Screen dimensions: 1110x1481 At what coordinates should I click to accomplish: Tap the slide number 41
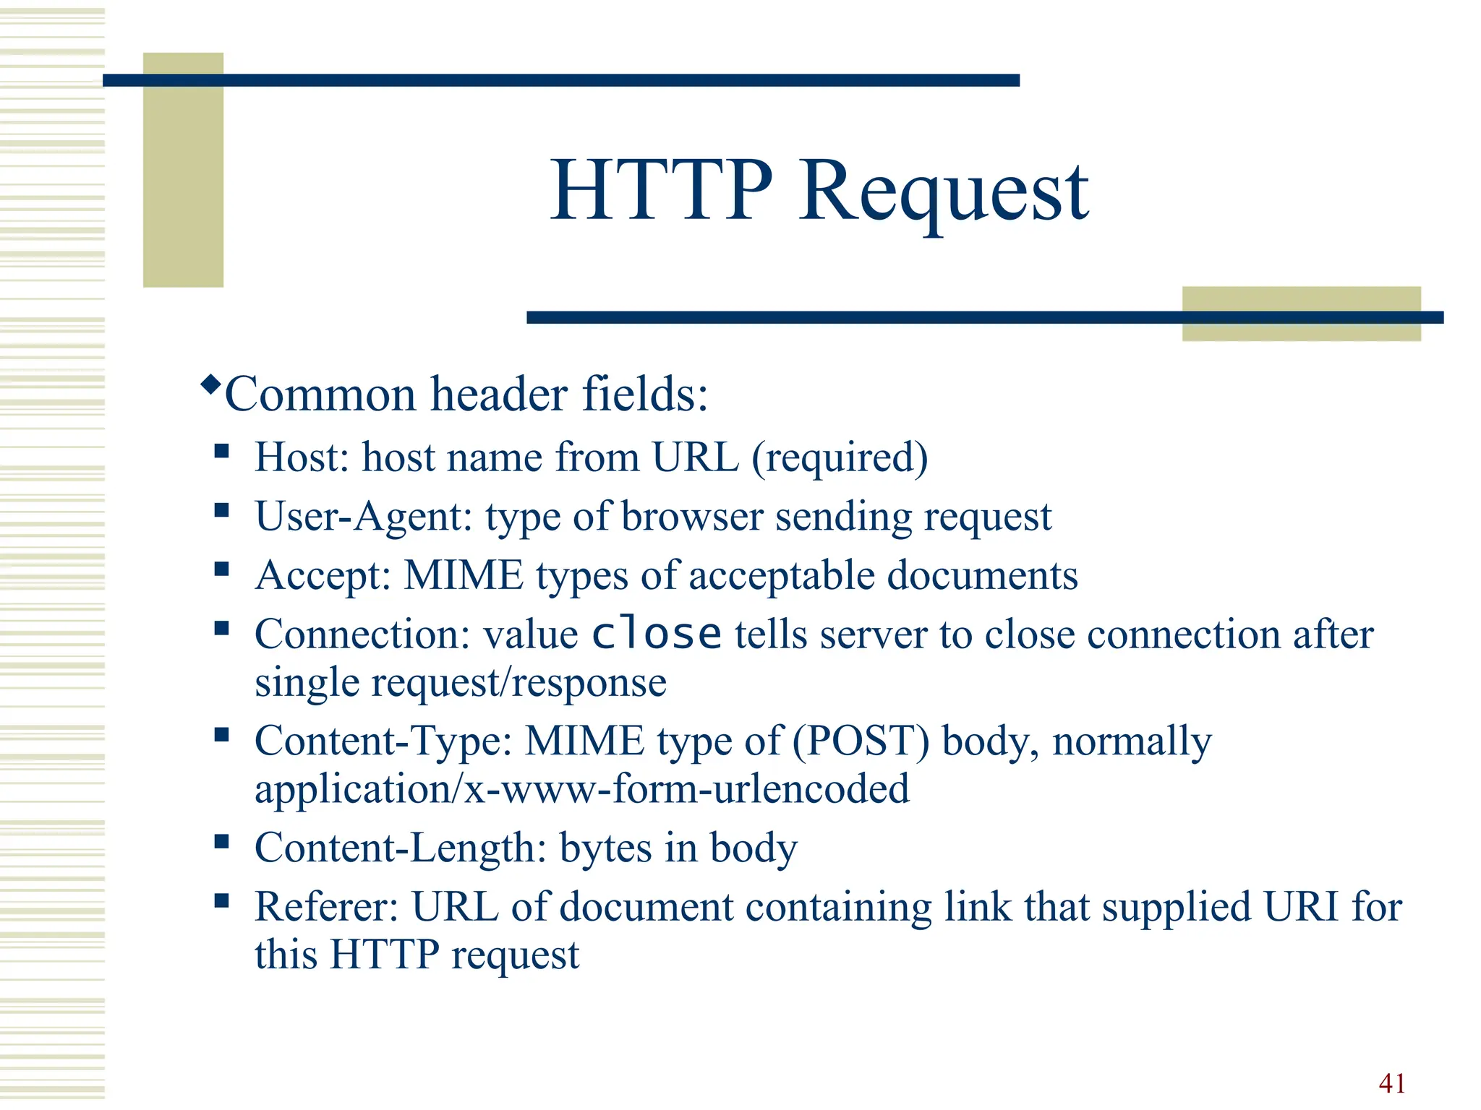click(x=1392, y=1083)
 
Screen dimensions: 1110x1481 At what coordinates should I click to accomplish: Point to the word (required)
click(x=840, y=458)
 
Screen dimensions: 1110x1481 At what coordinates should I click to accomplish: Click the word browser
click(x=692, y=517)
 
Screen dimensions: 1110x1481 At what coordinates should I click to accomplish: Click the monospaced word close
click(x=656, y=634)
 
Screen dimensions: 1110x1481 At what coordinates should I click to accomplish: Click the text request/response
click(x=518, y=683)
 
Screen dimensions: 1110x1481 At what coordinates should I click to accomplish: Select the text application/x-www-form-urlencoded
click(x=582, y=788)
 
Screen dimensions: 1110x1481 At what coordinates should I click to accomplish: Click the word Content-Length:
click(x=401, y=848)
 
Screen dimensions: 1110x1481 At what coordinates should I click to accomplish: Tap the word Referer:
click(x=326, y=907)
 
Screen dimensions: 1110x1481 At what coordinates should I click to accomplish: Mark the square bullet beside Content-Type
click(x=221, y=736)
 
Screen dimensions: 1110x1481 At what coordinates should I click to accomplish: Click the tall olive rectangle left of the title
click(x=183, y=170)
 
